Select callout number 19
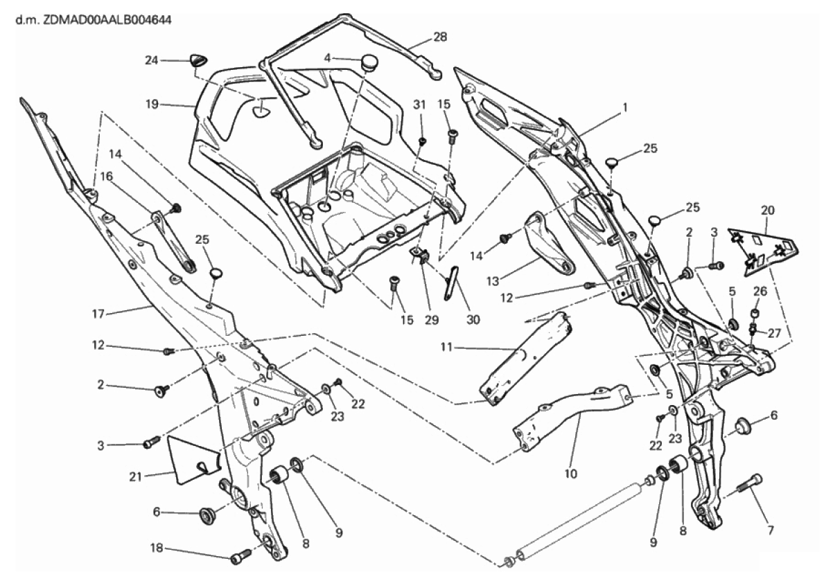(x=153, y=105)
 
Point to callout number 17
(x=98, y=314)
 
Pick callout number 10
(x=570, y=475)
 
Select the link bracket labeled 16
(x=172, y=241)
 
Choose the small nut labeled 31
(x=422, y=142)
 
